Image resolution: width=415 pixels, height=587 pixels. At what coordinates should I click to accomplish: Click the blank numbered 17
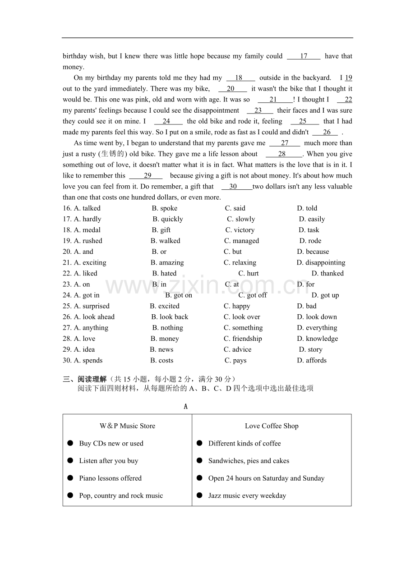pyautogui.click(x=304, y=56)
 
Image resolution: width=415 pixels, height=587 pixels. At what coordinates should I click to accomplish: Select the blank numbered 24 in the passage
pyautogui.click(x=166, y=121)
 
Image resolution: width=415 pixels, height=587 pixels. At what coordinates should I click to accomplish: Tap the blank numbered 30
pyautogui.click(x=233, y=187)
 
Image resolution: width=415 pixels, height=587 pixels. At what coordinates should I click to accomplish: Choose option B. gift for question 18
pyautogui.click(x=161, y=230)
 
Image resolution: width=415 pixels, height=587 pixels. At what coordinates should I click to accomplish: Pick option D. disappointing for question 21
pyautogui.click(x=321, y=262)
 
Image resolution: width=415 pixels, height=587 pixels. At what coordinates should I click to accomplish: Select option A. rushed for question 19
pyautogui.click(x=88, y=241)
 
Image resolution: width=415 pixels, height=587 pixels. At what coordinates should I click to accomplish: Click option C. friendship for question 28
pyautogui.click(x=243, y=339)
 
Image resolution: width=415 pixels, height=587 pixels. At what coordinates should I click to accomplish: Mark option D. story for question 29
pyautogui.click(x=310, y=349)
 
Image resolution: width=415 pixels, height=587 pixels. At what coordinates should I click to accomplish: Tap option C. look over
pyautogui.click(x=242, y=317)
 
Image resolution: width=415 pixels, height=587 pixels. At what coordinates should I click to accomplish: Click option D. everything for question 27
pyautogui.click(x=317, y=328)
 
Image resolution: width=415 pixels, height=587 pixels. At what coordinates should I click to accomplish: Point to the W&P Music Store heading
pyautogui.click(x=127, y=426)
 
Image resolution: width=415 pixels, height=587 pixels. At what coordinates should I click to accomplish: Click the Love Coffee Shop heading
pyautogui.click(x=272, y=426)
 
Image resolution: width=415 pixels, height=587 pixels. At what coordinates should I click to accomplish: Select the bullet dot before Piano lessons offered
pyautogui.click(x=70, y=478)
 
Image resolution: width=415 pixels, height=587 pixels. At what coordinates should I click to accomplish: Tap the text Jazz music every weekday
pyautogui.click(x=247, y=496)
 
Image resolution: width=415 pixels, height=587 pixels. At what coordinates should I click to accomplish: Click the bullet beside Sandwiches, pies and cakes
pyautogui.click(x=199, y=460)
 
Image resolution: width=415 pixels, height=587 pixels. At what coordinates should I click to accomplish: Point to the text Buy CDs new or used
pyautogui.click(x=111, y=444)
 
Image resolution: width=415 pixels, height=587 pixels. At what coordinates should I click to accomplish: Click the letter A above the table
pyautogui.click(x=185, y=407)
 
